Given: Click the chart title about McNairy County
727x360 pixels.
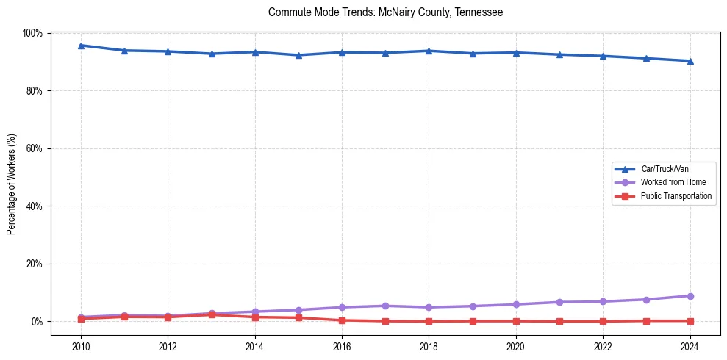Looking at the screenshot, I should click(385, 12).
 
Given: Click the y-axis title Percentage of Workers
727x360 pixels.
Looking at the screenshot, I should click(12, 184).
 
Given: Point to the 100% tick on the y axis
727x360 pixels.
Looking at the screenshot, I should click(33, 33).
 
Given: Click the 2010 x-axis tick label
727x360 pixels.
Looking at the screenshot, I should click(81, 347).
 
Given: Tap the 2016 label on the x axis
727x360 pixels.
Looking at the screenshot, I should click(342, 347).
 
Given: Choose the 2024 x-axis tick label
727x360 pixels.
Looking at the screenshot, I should click(690, 347).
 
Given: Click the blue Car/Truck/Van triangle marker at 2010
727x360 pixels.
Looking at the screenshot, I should click(81, 46).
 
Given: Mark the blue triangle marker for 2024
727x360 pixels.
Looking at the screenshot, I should click(690, 61).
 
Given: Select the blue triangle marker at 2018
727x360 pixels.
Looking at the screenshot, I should click(429, 51).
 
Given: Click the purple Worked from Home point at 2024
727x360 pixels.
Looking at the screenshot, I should click(690, 296).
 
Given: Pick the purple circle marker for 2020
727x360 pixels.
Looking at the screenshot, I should click(516, 304).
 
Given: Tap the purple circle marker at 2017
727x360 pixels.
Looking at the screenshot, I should click(385, 306).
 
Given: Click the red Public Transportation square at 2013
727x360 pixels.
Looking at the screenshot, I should click(212, 314).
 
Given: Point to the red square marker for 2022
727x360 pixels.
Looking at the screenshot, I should click(603, 321).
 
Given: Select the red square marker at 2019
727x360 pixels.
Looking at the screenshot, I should click(472, 321).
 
